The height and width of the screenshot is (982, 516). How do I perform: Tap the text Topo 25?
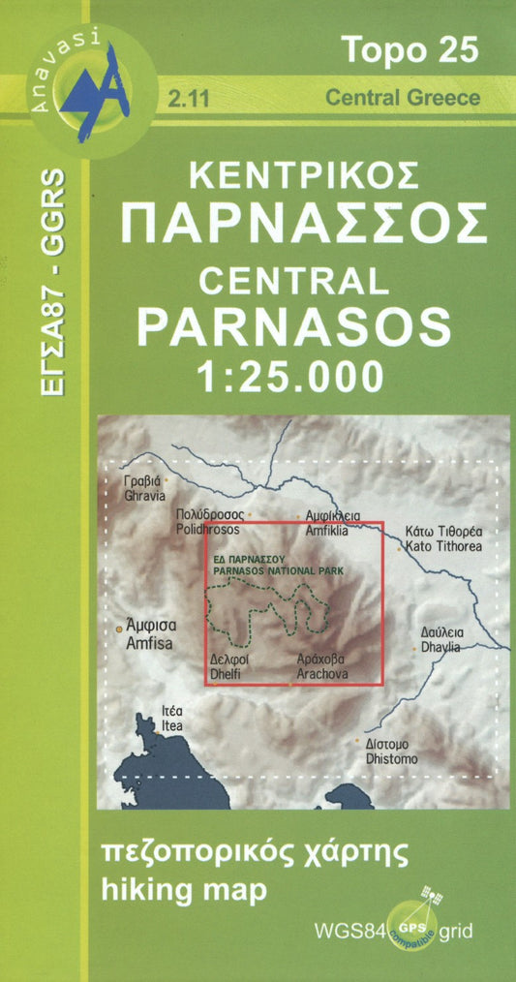click(x=410, y=49)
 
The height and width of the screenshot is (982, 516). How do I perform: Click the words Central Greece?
click(x=403, y=97)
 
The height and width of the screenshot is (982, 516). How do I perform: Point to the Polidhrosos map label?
click(x=208, y=523)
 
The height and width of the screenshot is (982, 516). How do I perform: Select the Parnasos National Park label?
click(x=274, y=565)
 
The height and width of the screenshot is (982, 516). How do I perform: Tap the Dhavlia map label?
click(x=440, y=638)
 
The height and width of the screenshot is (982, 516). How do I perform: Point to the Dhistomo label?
click(x=391, y=752)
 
